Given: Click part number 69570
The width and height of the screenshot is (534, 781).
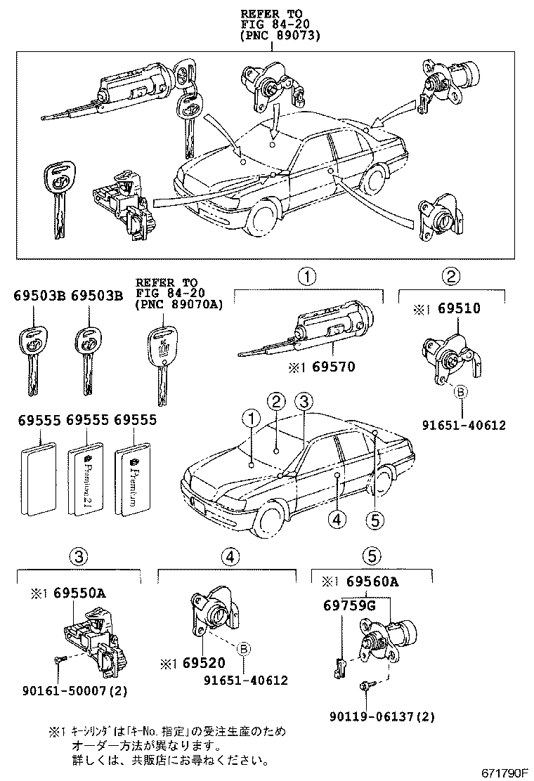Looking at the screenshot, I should click(x=334, y=366).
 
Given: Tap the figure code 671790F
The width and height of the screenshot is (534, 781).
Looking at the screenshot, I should click(x=504, y=772).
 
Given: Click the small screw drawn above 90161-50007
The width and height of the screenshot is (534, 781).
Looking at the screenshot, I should click(x=58, y=659).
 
